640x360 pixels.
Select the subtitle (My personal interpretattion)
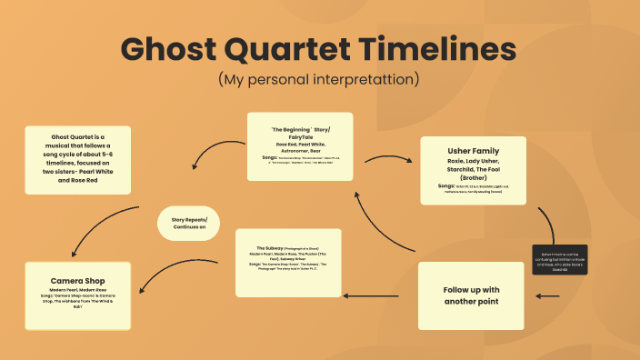point(319,79)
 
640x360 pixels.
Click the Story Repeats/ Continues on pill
point(190,223)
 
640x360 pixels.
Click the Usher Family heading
point(473,150)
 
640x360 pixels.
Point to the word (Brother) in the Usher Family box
point(474,178)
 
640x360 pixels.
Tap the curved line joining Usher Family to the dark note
point(549,224)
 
